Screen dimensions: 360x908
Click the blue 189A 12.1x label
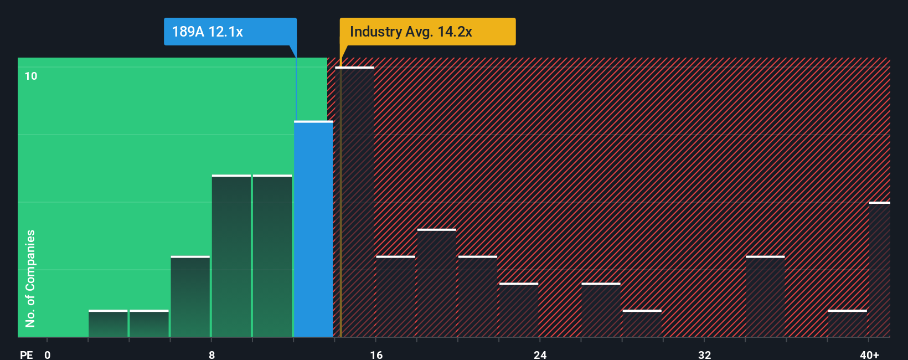coord(230,32)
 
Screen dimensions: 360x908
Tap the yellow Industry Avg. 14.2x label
coord(427,32)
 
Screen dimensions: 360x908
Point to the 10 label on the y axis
coord(31,76)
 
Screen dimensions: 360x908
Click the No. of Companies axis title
coord(30,278)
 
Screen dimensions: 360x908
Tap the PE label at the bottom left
coord(26,354)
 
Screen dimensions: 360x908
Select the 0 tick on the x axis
coord(48,354)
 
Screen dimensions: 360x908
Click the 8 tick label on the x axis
coord(212,354)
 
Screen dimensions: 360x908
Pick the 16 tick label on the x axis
coord(376,354)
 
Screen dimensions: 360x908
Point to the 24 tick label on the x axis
coord(540,354)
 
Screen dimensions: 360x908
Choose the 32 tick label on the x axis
coord(704,354)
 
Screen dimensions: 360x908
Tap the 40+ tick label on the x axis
coord(869,354)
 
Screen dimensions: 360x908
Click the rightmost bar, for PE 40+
coord(879,269)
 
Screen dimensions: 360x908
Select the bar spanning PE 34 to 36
coord(765,296)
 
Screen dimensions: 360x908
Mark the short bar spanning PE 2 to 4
coord(108,323)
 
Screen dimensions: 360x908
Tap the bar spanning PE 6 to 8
coord(190,296)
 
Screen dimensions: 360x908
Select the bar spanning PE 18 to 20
coord(437,282)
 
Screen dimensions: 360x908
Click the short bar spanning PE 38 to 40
coord(847,323)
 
